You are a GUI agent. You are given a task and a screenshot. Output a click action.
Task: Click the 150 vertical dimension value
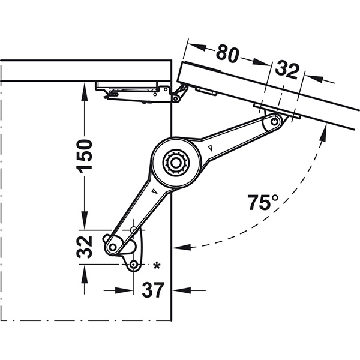point(86,154)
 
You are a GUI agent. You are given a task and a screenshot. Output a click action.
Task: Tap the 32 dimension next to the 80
point(287,70)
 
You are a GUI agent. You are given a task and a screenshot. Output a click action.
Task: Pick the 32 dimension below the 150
point(86,245)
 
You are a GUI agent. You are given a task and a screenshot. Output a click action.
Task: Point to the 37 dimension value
point(153,290)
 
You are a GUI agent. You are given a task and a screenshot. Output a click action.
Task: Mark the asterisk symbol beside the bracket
point(157,265)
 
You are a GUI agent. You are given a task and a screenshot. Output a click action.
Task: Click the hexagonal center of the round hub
point(175,162)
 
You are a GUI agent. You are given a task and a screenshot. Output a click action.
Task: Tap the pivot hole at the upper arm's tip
point(275,121)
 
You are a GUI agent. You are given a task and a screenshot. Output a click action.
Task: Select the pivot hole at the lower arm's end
point(111,247)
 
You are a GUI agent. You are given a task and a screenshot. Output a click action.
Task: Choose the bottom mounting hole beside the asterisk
point(134,264)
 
